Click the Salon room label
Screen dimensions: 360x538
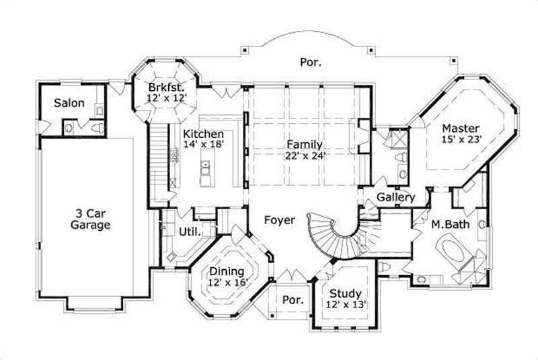pyautogui.click(x=69, y=103)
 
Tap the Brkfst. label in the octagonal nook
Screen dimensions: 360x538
pyautogui.click(x=165, y=86)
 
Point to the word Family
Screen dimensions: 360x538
pyautogui.click(x=305, y=144)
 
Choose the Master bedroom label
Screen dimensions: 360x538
pyautogui.click(x=460, y=128)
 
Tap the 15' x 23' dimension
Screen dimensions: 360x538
pyautogui.click(x=460, y=140)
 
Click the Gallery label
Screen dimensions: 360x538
pyautogui.click(x=395, y=197)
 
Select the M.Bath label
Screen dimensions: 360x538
pyautogui.click(x=450, y=224)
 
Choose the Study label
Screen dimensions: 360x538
pyautogui.click(x=346, y=293)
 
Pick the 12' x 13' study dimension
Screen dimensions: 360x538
pyautogui.click(x=346, y=305)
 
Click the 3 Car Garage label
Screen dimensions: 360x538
pyautogui.click(x=90, y=219)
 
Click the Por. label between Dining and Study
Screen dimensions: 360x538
pyautogui.click(x=291, y=299)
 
